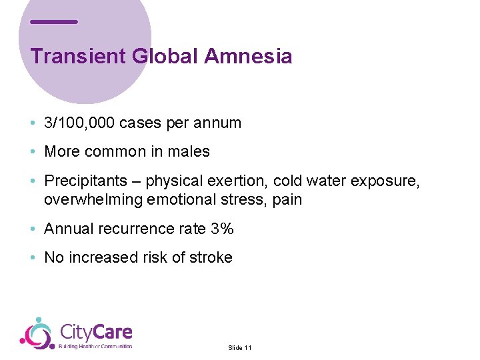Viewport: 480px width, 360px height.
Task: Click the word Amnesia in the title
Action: click(x=248, y=56)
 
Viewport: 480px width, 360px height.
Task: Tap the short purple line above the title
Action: click(x=54, y=22)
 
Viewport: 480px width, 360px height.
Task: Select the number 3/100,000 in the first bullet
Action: click(x=79, y=123)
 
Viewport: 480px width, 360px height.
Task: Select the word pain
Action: click(x=287, y=199)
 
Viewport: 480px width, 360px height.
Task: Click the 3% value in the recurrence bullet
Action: click(x=221, y=229)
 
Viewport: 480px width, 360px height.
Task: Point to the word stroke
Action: click(x=211, y=258)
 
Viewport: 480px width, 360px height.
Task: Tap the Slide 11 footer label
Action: click(x=239, y=348)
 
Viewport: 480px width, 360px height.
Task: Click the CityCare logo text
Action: click(x=96, y=331)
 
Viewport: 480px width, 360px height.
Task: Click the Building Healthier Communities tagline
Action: click(x=95, y=346)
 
